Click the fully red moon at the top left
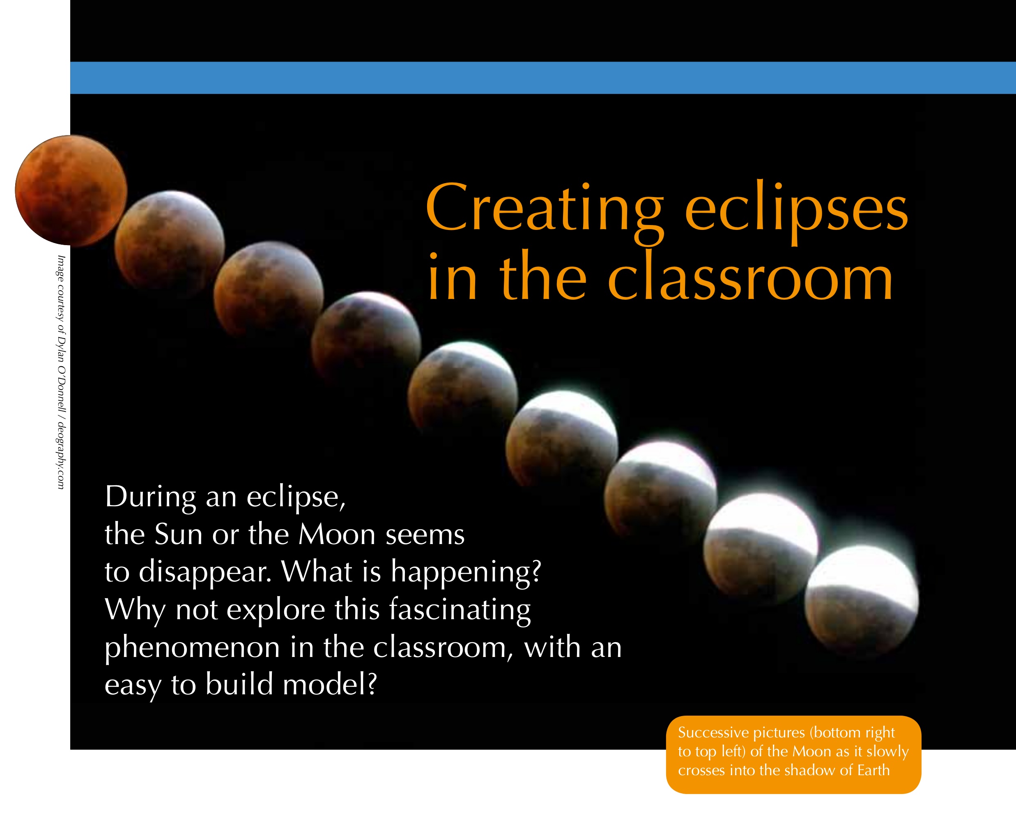pyautogui.click(x=71, y=191)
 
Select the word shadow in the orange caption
pyautogui.click(x=813, y=770)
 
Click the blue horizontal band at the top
pyautogui.click(x=543, y=78)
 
